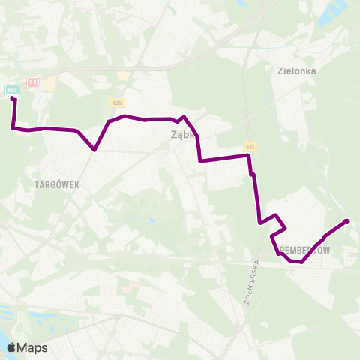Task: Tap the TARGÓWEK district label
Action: pyautogui.click(x=56, y=183)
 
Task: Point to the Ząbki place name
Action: pyautogui.click(x=182, y=136)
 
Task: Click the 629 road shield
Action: pyautogui.click(x=119, y=102)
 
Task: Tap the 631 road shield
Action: pyautogui.click(x=250, y=147)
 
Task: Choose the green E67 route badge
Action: pyautogui.click(x=13, y=90)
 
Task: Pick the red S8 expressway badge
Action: pyautogui.click(x=32, y=81)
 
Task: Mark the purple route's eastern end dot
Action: pyautogui.click(x=346, y=221)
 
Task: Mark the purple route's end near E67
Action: pyautogui.click(x=13, y=99)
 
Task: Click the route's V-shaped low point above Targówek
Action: pyautogui.click(x=94, y=149)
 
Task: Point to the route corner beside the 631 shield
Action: pyautogui.click(x=248, y=156)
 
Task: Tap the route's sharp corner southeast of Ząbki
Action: pyautogui.click(x=200, y=160)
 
